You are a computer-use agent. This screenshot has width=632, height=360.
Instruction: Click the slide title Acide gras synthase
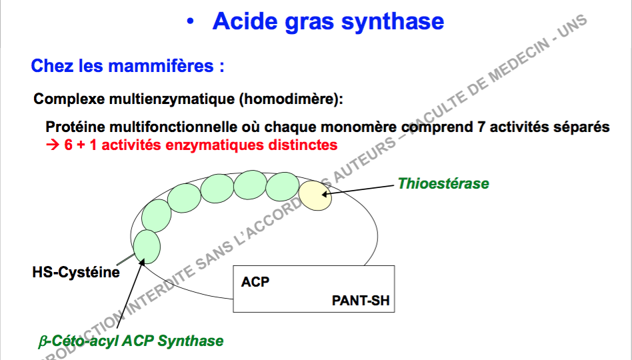pos(328,21)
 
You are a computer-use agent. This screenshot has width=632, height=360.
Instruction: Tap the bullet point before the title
pos(191,22)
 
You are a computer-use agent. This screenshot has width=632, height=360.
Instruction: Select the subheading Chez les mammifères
pos(127,67)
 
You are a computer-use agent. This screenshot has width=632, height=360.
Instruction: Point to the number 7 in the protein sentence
pos(482,127)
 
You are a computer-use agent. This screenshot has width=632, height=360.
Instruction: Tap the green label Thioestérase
pos(443,183)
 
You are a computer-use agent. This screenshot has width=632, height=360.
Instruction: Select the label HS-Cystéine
pos(76,272)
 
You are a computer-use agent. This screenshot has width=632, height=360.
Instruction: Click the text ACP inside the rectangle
pos(255,282)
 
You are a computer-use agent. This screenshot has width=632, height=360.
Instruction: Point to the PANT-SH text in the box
pos(360,301)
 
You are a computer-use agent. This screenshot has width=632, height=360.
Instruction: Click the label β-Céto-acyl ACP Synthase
pos(131,341)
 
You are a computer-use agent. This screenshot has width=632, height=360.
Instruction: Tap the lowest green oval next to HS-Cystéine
pos(147,246)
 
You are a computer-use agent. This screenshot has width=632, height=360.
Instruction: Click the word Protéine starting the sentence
pos(75,127)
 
